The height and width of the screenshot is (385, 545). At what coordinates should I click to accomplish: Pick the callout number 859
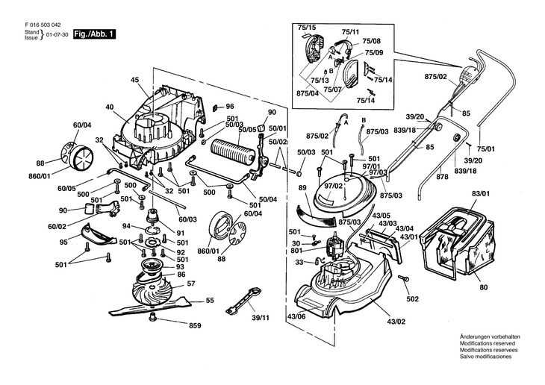(195, 326)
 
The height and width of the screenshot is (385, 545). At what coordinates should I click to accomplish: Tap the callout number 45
(135, 80)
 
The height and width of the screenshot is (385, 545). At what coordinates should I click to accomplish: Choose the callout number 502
(412, 300)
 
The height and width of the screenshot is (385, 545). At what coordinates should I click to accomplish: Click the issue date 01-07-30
(57, 35)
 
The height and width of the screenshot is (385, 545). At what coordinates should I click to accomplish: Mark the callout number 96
(230, 106)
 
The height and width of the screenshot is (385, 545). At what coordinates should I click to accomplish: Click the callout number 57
(191, 285)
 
